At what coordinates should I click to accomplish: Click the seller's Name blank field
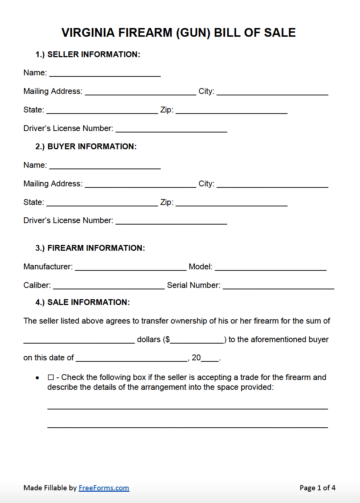[x=105, y=73]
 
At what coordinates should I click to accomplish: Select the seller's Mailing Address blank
[x=140, y=92]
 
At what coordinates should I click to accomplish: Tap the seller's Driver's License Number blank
[x=171, y=129]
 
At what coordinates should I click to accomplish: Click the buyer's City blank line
[x=272, y=184]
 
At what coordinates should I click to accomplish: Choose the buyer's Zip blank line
[x=231, y=203]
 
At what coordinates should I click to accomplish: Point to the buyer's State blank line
[x=102, y=203]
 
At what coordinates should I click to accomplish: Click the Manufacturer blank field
[x=131, y=267]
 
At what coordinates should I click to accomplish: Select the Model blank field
[x=271, y=267]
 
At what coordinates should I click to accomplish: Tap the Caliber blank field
[x=109, y=286]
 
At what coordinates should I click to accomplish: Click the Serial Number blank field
[x=278, y=286]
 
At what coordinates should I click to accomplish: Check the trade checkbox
[x=51, y=377]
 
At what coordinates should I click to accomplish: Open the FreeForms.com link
[x=104, y=488]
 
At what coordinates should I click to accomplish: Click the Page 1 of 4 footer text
[x=317, y=488]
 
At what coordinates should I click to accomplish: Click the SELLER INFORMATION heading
[x=93, y=55]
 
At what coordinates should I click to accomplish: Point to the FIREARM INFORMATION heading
[x=96, y=248]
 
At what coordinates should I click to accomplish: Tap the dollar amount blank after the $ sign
[x=197, y=340]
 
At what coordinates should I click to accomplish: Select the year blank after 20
[x=210, y=359]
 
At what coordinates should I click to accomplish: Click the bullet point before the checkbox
[x=37, y=378]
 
